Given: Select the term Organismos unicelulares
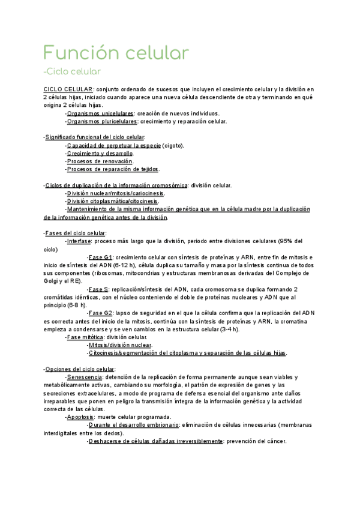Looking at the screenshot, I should point(100,113).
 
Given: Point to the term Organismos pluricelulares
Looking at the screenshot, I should point(101,121).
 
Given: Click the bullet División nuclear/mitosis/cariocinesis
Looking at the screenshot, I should point(116,193).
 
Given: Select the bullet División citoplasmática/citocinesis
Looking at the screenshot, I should point(113,201).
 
